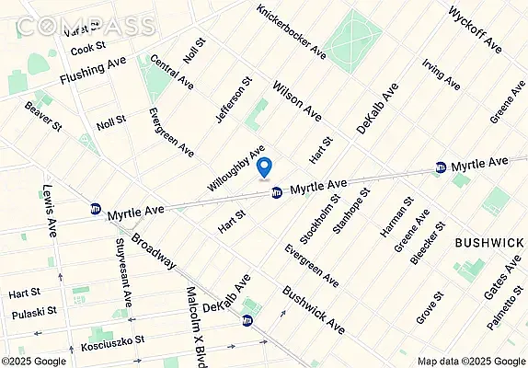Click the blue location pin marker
(265, 168)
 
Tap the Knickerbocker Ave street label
(291, 27)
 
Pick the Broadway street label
(153, 248)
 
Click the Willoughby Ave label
(235, 167)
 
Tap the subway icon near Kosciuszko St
(247, 321)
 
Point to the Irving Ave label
(441, 75)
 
